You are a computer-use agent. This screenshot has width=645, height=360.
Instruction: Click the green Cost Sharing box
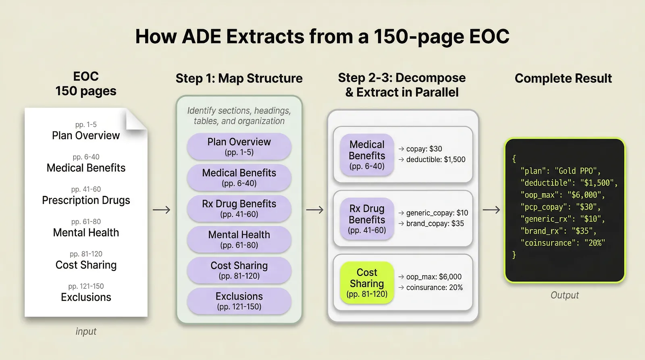tap(366, 283)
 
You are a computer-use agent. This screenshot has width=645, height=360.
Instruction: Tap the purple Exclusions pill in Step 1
tap(239, 301)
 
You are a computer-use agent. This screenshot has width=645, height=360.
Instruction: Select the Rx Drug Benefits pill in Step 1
tap(239, 208)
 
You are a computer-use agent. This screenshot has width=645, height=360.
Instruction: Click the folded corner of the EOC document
tap(135, 120)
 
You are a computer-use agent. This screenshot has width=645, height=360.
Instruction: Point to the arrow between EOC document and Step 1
tap(162, 210)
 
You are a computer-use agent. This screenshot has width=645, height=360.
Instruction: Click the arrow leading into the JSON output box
tap(491, 210)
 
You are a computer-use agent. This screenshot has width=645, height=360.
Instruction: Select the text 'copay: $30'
tap(424, 149)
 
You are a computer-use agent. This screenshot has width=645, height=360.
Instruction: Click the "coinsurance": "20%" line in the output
tap(562, 243)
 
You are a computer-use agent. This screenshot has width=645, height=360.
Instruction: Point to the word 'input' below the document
tap(86, 331)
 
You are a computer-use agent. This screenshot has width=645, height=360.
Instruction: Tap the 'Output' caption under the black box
tap(564, 295)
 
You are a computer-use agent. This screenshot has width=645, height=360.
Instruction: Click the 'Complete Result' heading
tap(563, 78)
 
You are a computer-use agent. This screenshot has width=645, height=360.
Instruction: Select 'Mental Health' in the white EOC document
tap(86, 233)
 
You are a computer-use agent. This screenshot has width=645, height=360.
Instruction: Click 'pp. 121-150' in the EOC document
tap(86, 286)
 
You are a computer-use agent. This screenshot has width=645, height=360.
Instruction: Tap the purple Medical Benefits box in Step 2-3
tap(366, 155)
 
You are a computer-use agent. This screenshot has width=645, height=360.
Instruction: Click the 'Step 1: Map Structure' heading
tap(239, 78)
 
